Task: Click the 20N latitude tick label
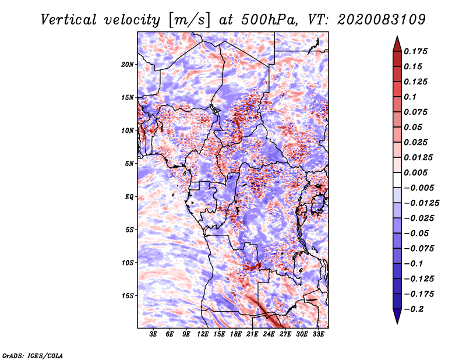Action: (x=128, y=64)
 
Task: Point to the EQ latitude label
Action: (x=129, y=197)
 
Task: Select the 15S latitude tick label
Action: (x=128, y=296)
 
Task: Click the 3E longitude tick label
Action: (x=154, y=335)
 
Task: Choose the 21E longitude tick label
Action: (x=252, y=335)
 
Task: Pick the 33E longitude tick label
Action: (x=318, y=335)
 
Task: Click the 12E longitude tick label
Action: (x=203, y=335)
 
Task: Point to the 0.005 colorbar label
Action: (x=416, y=172)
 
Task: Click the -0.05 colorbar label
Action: (x=416, y=234)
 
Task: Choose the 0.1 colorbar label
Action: (x=410, y=97)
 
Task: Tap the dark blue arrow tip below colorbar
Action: (x=397, y=319)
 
